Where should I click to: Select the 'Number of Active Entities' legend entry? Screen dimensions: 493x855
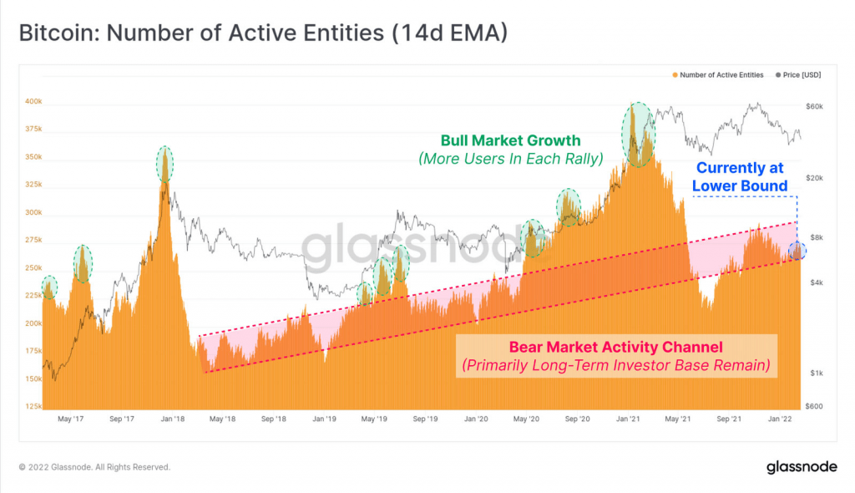pos(717,75)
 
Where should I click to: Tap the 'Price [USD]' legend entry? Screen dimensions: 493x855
pos(800,75)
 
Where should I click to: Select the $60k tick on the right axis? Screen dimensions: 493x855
pos(814,107)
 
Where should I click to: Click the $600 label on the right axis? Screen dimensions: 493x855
pos(815,406)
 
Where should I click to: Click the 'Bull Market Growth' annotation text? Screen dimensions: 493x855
pos(510,140)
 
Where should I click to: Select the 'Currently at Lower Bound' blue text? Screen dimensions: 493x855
pos(741,177)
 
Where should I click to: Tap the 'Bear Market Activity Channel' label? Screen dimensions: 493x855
pos(616,347)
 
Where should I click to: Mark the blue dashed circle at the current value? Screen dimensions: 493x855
pos(797,251)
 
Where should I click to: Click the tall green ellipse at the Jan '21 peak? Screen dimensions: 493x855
pos(639,134)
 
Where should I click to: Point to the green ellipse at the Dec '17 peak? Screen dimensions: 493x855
pos(165,163)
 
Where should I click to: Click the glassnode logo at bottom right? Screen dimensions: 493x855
pos(801,467)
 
